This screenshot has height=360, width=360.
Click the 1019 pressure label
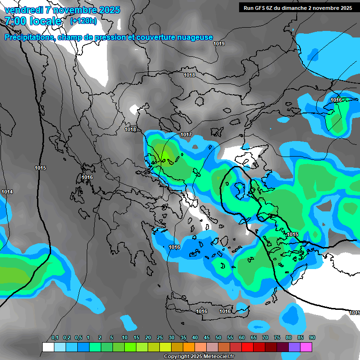[x=219, y=44]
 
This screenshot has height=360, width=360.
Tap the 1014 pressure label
[x=7, y=192]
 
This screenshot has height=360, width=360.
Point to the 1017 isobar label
[x=186, y=135]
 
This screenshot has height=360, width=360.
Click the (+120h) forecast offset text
[x=83, y=21]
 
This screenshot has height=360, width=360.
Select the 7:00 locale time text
[x=33, y=21]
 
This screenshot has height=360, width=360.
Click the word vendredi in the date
[x=23, y=10]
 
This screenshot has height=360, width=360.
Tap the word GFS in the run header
[x=261, y=8]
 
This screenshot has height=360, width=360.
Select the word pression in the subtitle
[x=111, y=37]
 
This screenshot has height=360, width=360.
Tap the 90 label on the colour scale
[x=312, y=338]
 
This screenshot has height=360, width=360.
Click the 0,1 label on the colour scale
[x=55, y=338]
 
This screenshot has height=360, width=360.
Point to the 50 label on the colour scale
[x=218, y=338]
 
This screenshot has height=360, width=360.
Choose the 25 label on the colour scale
[x=160, y=338]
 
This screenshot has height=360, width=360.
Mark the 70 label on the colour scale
[x=265, y=338]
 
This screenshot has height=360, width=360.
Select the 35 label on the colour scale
[x=183, y=338]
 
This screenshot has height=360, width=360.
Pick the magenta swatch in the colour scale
[x=306, y=347]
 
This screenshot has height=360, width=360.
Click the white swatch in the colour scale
[x=48, y=347]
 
